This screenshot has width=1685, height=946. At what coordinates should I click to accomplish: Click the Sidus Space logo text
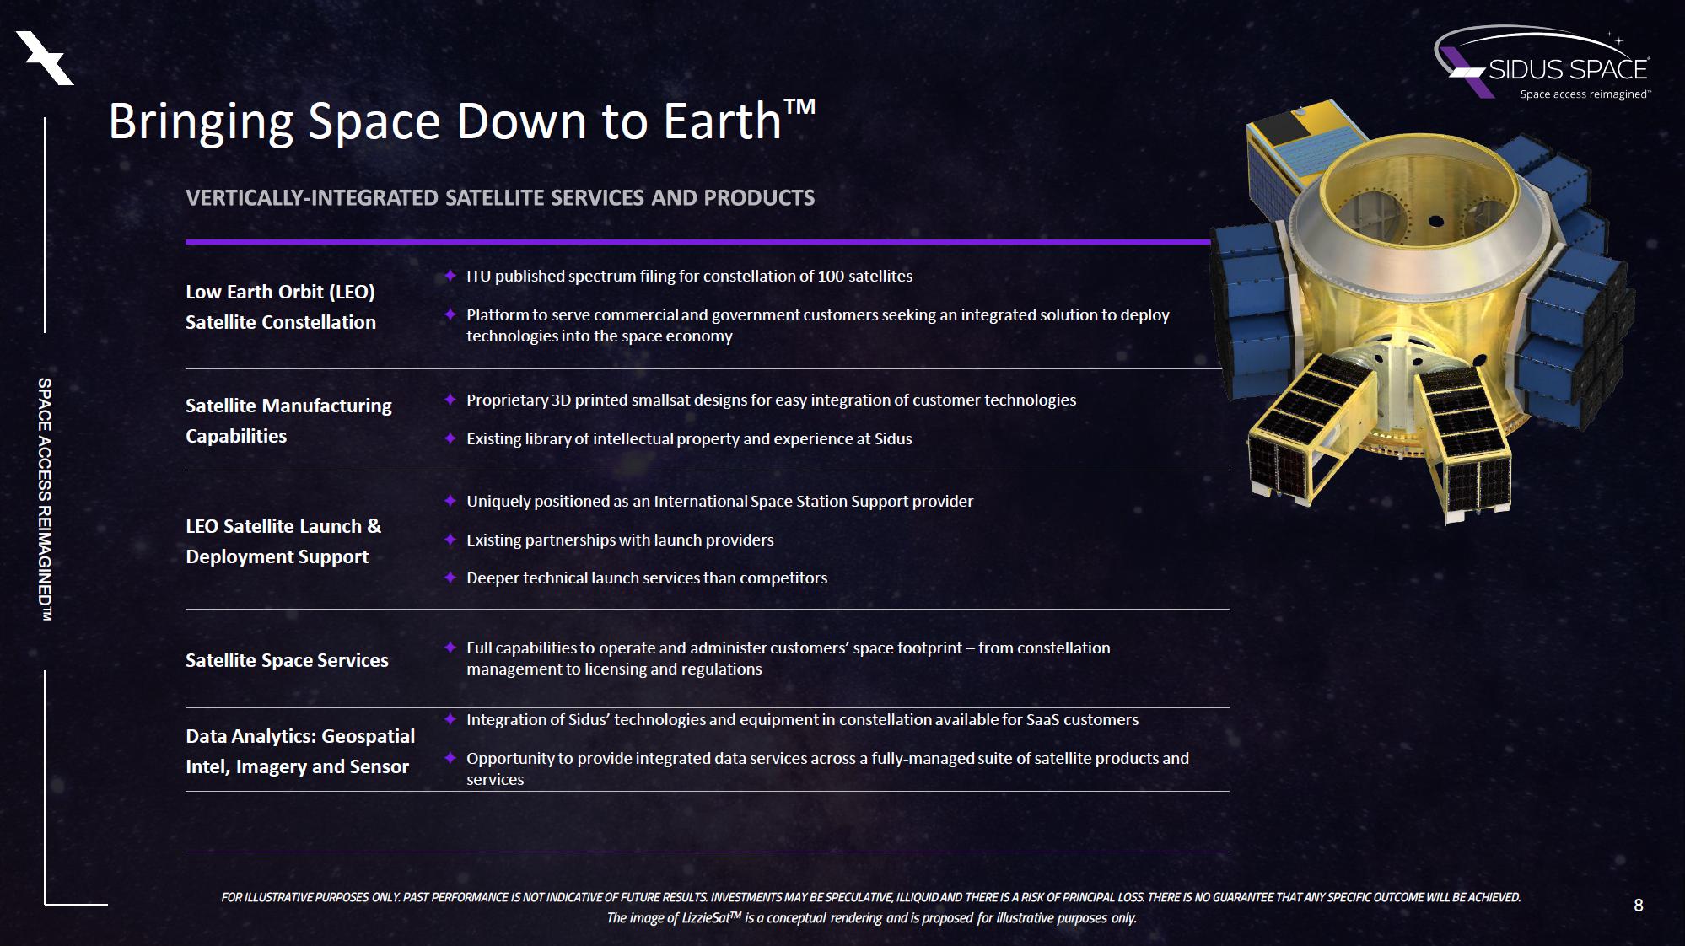1568,68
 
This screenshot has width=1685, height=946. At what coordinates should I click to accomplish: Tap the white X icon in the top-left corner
46,58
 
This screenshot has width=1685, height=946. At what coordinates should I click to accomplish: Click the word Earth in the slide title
723,121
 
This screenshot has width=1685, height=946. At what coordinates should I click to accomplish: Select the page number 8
1639,906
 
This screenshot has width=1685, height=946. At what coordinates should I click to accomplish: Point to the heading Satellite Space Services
287,660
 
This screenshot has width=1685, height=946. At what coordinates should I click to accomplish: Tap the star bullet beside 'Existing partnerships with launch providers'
450,540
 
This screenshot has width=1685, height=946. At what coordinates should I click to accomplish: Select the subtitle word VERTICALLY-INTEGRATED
313,197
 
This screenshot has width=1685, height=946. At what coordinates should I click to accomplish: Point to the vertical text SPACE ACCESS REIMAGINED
45,500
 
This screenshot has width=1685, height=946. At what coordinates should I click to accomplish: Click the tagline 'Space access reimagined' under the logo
1584,94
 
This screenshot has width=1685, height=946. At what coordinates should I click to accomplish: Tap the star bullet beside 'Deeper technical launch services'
450,578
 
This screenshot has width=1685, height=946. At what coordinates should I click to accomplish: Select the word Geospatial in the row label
369,737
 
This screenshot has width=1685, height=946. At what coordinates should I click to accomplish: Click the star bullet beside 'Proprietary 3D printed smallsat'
450,400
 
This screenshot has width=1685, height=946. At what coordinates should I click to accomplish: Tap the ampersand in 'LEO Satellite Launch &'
374,526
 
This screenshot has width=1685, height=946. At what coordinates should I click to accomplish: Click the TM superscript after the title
799,106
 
